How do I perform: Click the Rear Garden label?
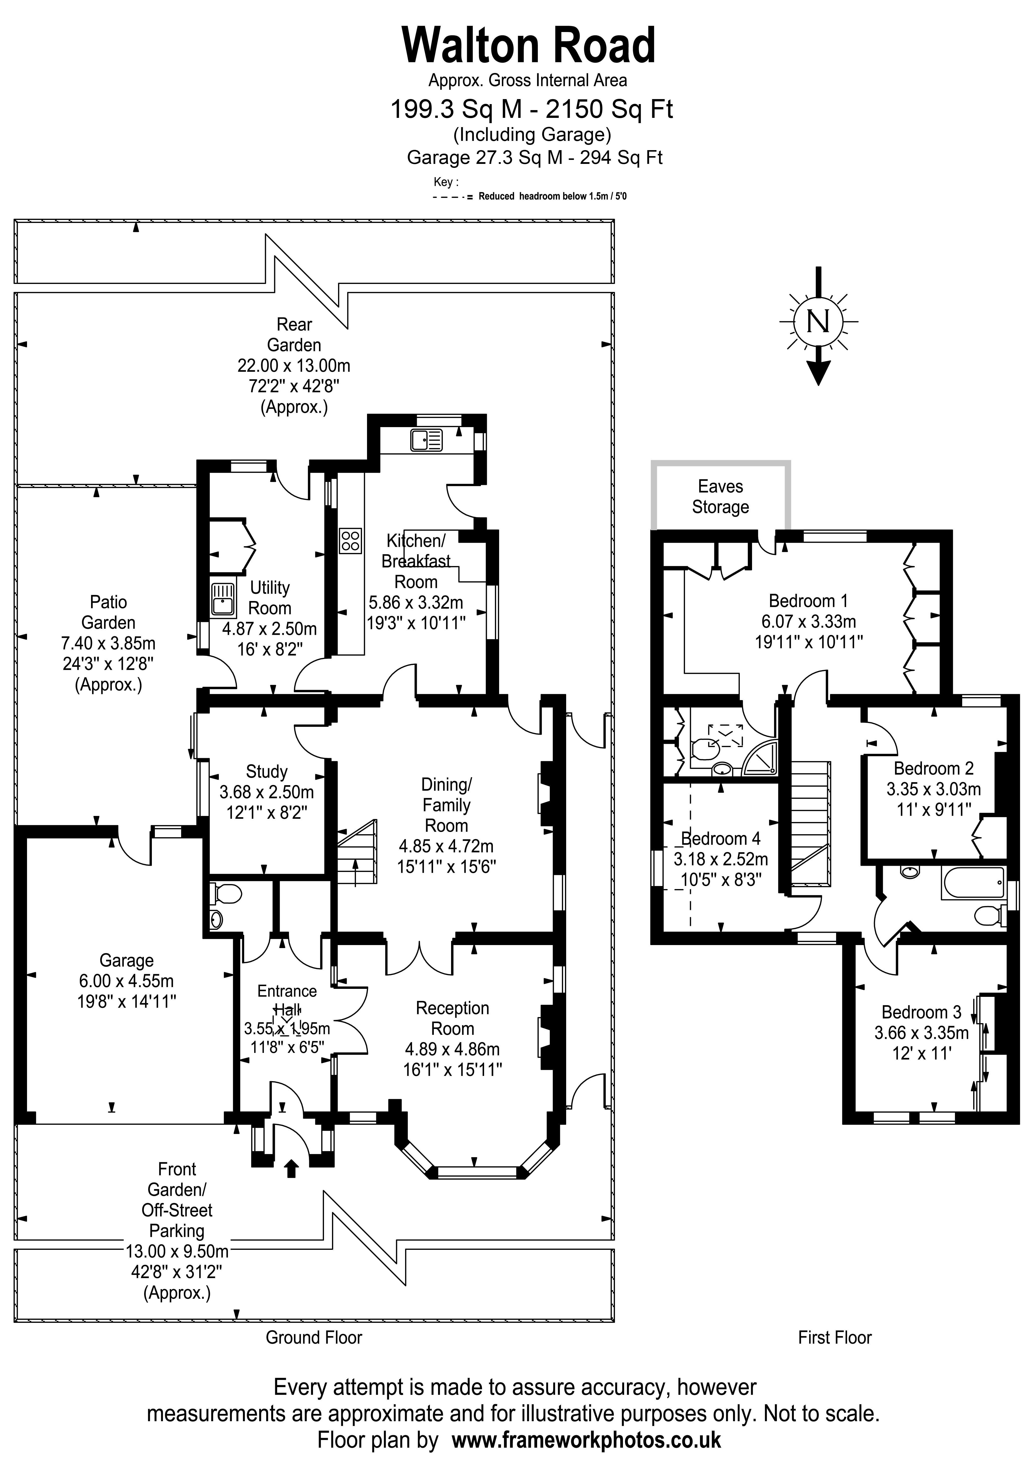pyautogui.click(x=294, y=335)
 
